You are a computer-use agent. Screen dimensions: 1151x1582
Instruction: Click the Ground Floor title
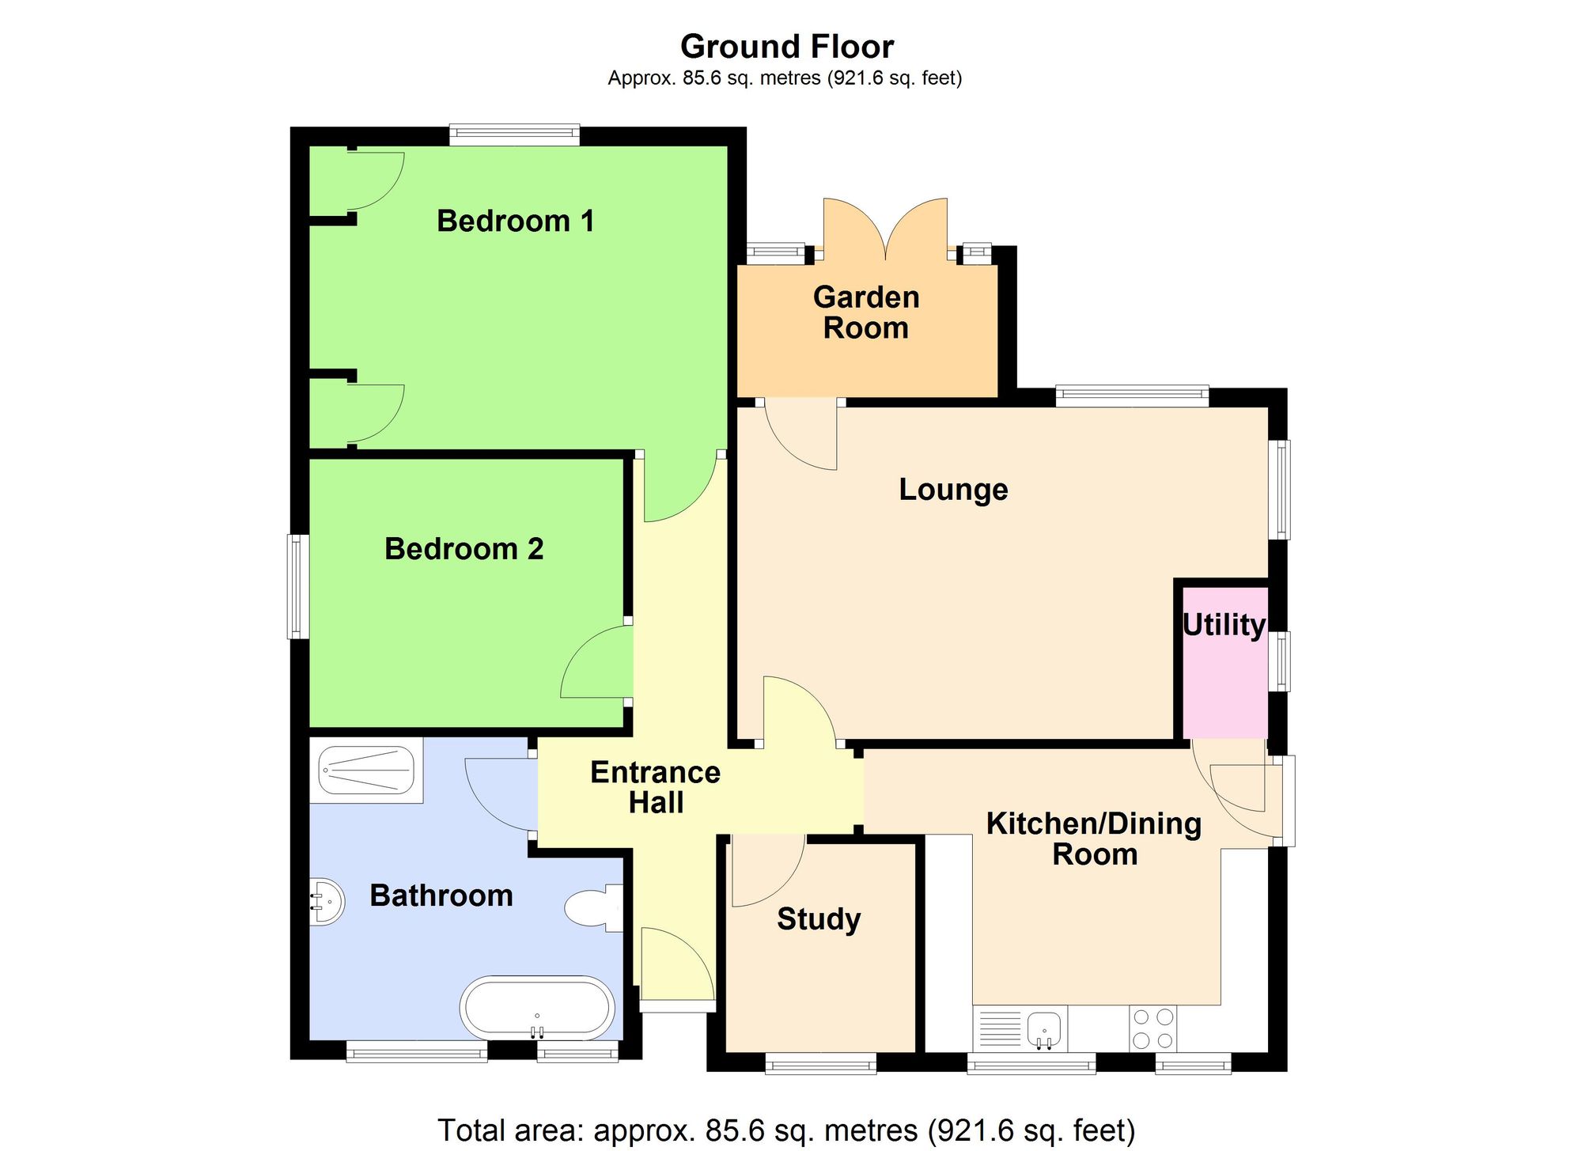point(787,47)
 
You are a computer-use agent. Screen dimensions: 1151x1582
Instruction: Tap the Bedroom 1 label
point(515,221)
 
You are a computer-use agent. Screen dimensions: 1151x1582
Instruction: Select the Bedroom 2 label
point(464,549)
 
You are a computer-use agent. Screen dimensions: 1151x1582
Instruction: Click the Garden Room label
point(866,312)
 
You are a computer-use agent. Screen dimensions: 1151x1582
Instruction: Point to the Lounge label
point(953,490)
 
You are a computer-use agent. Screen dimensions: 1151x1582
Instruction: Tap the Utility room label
point(1224,625)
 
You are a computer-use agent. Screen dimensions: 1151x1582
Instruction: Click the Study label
point(819,919)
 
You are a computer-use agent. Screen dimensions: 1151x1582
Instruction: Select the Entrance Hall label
point(655,787)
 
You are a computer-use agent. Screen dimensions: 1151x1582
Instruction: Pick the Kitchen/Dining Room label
point(1094,839)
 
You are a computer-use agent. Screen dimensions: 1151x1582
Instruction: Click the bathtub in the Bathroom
point(537,1009)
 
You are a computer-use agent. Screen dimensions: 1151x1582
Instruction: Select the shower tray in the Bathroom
point(366,770)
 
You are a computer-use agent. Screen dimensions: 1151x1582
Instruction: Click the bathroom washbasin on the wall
point(327,901)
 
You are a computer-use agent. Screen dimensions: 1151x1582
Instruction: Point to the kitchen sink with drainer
point(1020,1029)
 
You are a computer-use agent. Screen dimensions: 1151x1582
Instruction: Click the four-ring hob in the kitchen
point(1152,1028)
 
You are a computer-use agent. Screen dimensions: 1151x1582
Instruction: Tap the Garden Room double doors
point(885,229)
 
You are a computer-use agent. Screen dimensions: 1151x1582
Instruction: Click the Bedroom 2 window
point(297,586)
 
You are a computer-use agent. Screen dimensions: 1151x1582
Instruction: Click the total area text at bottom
point(786,1130)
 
